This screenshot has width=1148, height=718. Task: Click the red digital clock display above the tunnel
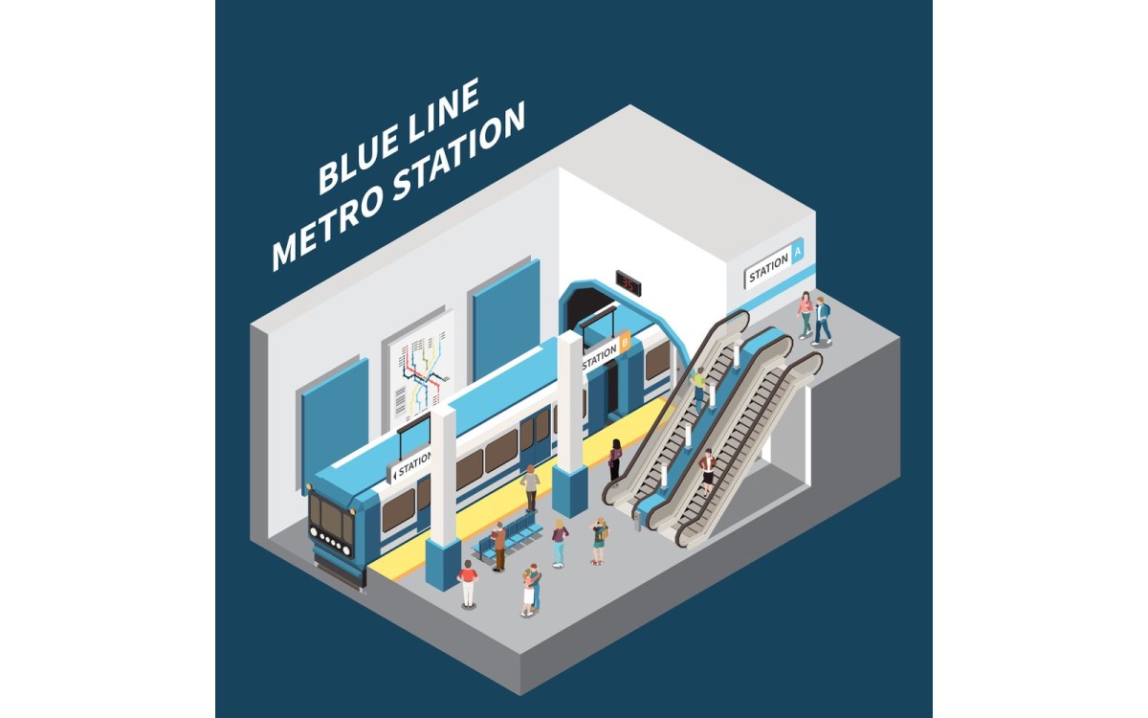coord(629,280)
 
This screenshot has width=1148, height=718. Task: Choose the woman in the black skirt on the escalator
coord(707,470)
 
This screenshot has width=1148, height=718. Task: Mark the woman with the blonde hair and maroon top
coord(560,542)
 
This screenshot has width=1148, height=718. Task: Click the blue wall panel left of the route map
coord(335,412)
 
